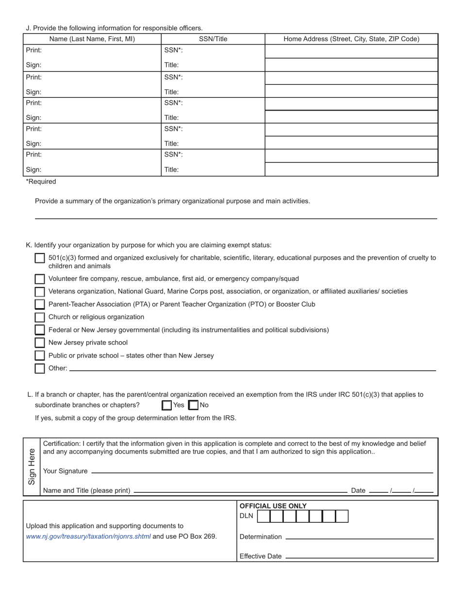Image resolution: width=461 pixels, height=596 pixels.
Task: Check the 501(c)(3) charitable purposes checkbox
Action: (40, 258)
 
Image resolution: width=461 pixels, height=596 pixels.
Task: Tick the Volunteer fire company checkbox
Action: (40, 279)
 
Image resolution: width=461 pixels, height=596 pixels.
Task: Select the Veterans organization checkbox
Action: (40, 292)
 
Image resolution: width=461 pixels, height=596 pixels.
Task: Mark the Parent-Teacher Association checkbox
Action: (40, 304)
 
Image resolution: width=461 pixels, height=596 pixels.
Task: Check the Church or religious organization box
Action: (40, 317)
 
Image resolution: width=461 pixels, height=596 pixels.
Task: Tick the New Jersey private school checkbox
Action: (40, 343)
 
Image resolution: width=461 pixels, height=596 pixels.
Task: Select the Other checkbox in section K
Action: (40, 368)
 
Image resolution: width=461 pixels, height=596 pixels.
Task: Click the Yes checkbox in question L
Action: (166, 405)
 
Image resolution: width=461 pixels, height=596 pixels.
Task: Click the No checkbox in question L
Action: (193, 405)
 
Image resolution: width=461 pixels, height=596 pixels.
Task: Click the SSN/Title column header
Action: (213, 39)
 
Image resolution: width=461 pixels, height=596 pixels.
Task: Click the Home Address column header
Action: (351, 39)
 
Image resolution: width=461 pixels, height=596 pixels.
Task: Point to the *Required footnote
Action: (41, 182)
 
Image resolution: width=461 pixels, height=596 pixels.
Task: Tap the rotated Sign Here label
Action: (32, 466)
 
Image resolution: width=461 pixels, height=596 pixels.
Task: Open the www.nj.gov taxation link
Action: (88, 536)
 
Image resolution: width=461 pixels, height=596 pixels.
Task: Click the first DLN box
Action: (263, 516)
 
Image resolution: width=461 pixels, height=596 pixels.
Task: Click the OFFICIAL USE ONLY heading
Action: (273, 506)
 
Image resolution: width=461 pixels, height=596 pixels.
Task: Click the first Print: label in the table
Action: (33, 50)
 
